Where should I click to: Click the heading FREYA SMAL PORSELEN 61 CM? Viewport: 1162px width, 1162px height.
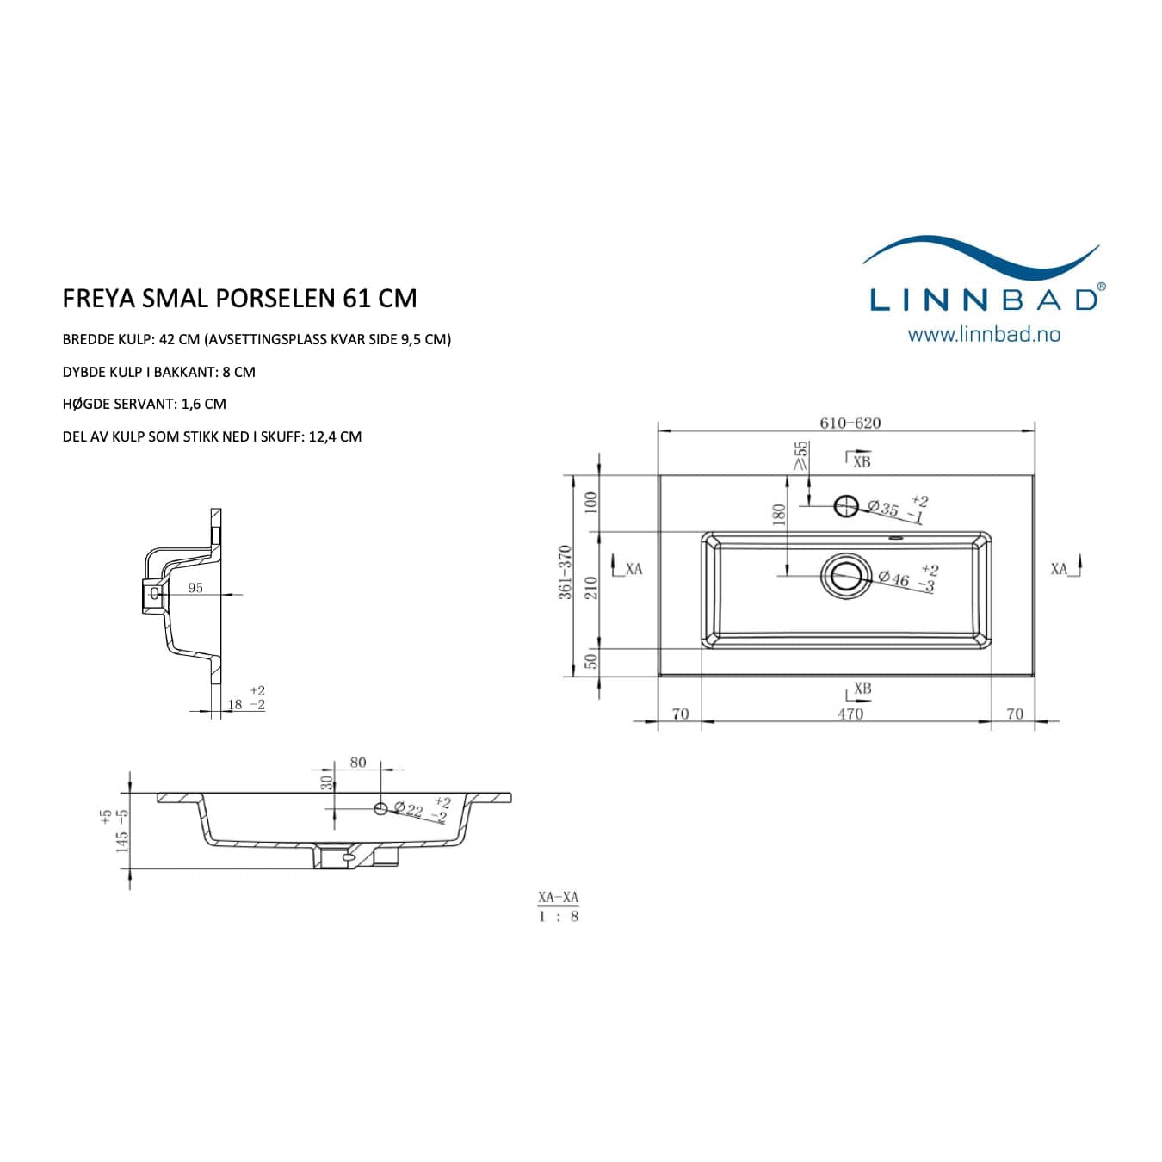tap(239, 299)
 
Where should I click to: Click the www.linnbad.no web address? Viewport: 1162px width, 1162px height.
tap(984, 335)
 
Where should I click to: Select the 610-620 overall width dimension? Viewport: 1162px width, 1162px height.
tap(850, 423)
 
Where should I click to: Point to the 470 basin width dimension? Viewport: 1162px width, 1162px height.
tap(850, 714)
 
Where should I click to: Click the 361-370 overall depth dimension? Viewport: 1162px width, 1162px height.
tap(565, 572)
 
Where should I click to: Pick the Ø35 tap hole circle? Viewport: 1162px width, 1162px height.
tap(846, 506)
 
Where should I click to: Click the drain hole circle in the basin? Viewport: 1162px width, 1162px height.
tap(846, 576)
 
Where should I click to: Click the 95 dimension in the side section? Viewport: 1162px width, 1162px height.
tap(195, 587)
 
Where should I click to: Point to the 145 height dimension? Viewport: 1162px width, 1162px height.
tap(122, 842)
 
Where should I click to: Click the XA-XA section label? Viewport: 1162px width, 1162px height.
tap(559, 897)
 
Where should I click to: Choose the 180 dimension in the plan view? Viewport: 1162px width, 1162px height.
tap(779, 515)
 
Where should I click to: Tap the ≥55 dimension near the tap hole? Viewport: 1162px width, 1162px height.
tap(800, 454)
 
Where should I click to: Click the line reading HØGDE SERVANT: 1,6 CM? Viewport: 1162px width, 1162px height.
tap(144, 404)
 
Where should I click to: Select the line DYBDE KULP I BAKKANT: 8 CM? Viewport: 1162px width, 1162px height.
tap(158, 372)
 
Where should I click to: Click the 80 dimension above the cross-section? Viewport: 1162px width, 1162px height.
tap(358, 763)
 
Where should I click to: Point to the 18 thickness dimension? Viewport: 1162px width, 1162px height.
tap(235, 704)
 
